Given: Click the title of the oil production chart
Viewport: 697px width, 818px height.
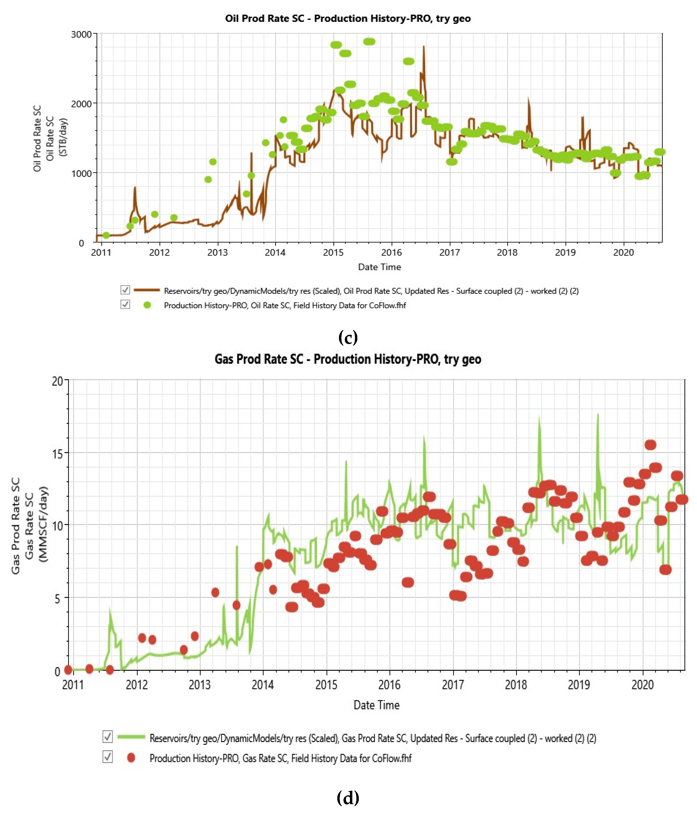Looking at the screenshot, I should tap(348, 19).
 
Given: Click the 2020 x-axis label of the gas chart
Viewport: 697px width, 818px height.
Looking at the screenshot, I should tap(643, 684).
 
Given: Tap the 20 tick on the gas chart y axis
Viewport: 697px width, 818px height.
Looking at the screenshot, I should tap(58, 381).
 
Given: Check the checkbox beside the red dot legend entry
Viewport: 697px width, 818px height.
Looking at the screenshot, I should tap(107, 757).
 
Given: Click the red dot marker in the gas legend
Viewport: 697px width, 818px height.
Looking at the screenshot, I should tap(131, 757).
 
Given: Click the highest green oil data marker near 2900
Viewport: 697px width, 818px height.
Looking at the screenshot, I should tap(369, 42).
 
